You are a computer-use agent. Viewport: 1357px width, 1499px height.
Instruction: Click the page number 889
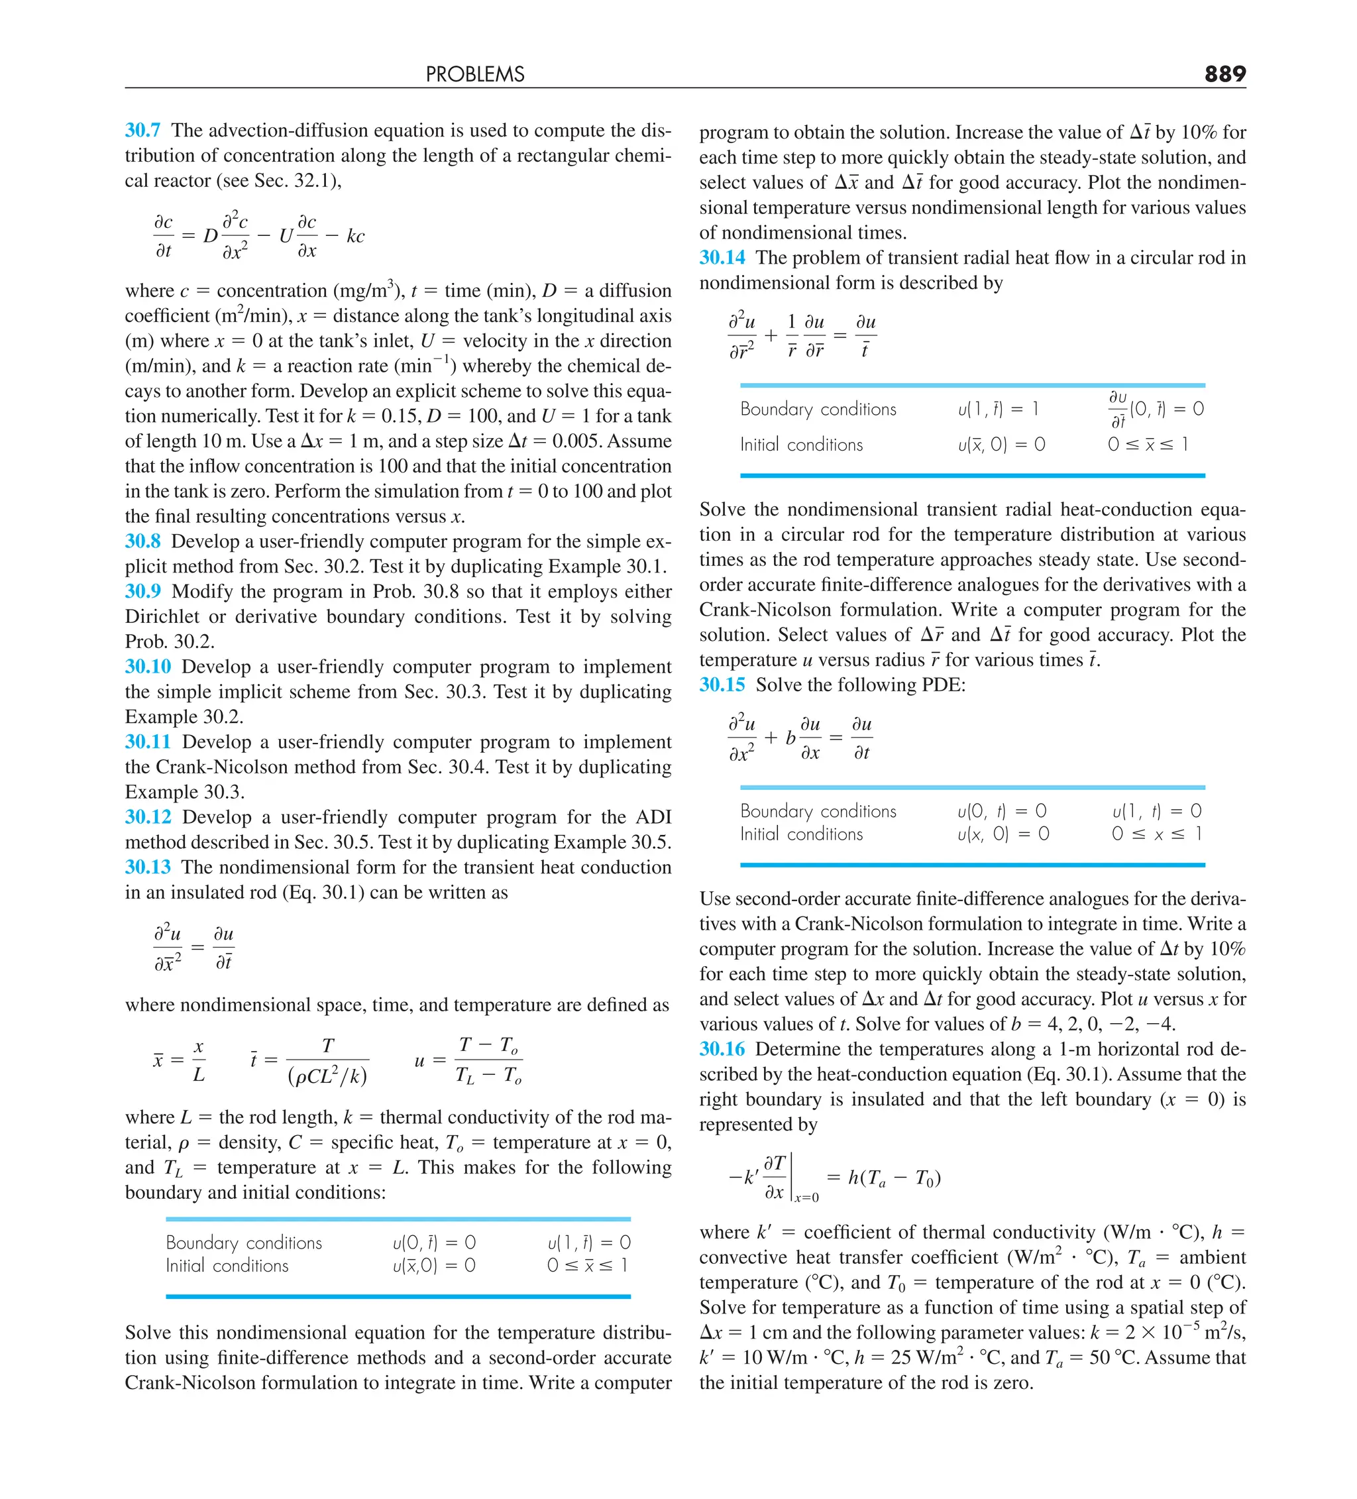[x=1224, y=74]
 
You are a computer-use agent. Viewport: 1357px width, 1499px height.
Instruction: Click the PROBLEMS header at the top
[x=475, y=74]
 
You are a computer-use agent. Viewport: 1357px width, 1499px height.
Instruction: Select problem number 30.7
[x=142, y=130]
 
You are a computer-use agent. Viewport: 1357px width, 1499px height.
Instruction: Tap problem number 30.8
[x=142, y=541]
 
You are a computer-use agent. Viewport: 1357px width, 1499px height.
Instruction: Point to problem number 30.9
[x=142, y=591]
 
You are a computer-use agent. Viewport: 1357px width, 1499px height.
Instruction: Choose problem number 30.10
[x=148, y=666]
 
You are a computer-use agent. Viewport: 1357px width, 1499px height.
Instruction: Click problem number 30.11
[x=148, y=742]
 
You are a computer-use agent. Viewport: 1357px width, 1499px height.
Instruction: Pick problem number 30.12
[x=148, y=816]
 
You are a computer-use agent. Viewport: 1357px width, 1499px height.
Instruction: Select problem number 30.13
[x=148, y=867]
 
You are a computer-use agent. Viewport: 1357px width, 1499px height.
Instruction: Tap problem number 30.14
[x=722, y=257]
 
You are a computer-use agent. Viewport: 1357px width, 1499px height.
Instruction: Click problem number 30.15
[x=722, y=684]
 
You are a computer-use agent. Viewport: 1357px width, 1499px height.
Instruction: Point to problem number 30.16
[x=722, y=1049]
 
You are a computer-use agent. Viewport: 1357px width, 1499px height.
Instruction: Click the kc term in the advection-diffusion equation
[x=355, y=237]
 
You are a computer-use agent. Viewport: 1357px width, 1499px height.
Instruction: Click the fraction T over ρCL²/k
[x=327, y=1060]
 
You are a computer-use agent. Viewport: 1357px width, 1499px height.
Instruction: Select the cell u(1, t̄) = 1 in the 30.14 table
[x=998, y=409]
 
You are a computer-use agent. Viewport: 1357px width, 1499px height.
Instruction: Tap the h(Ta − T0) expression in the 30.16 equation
[x=895, y=1178]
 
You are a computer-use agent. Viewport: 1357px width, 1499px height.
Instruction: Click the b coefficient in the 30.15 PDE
[x=790, y=738]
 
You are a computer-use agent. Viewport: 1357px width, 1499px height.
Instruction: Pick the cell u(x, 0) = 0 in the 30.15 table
[x=1003, y=834]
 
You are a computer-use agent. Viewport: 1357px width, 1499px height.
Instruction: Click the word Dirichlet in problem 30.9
[x=163, y=616]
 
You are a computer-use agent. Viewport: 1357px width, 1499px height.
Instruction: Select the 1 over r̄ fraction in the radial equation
[x=791, y=335]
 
